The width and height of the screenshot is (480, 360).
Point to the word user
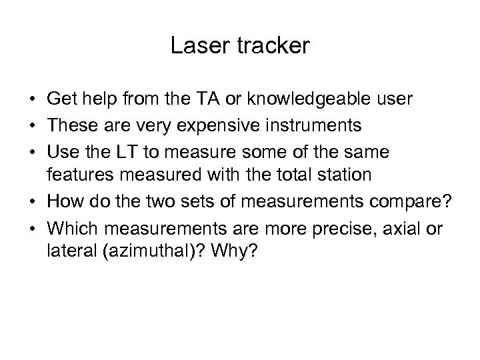coord(398,99)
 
